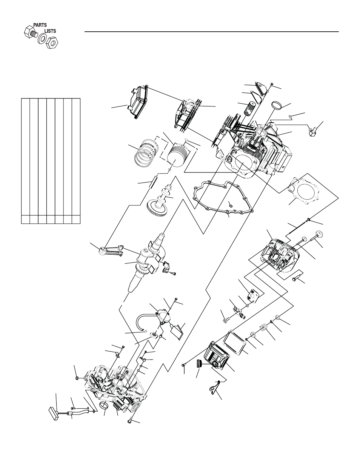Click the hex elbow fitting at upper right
[312, 132]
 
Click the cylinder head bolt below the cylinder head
[297, 279]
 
